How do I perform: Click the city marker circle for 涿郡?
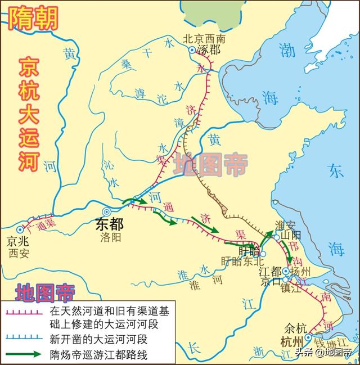coord(191,50)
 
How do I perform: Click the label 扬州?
coord(296,270)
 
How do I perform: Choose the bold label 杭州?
coord(292,341)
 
